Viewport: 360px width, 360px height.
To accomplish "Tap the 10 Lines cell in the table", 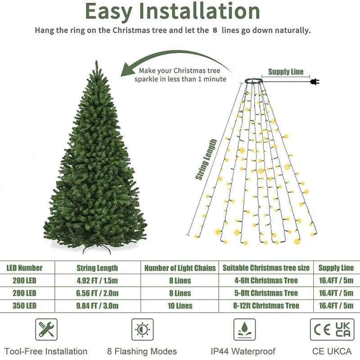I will [180, 306].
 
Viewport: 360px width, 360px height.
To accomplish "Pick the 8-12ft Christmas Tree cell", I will [266, 306].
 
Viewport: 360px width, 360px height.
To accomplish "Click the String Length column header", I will [97, 268].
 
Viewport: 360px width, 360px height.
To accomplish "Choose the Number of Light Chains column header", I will [180, 268].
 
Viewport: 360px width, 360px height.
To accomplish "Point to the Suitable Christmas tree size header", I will [266, 268].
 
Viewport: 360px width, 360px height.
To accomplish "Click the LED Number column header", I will [25, 268].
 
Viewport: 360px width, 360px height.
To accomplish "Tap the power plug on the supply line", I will [314, 81].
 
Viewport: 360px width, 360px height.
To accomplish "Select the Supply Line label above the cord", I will [286, 72].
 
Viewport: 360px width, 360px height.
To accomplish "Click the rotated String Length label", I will [206, 159].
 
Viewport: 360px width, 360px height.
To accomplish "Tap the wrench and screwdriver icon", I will [46, 329].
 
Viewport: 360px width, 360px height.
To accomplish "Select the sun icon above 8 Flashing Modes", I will [142, 329].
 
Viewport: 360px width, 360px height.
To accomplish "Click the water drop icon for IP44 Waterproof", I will [244, 329].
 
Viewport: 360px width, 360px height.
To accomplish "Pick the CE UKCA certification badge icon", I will [332, 329].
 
